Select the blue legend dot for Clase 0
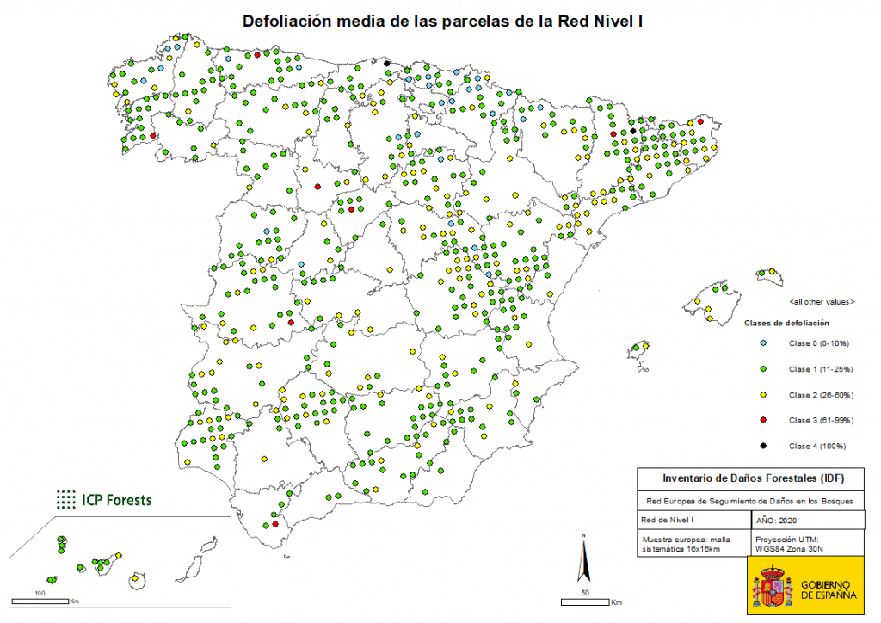763,343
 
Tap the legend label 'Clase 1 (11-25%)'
818,369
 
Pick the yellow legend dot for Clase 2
763,395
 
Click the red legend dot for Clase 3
763,420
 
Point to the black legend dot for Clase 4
763,446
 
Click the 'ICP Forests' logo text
117,498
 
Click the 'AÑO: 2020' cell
777,521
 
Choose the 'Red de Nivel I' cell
668,521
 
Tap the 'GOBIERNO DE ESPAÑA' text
829,589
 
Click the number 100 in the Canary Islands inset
40,594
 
